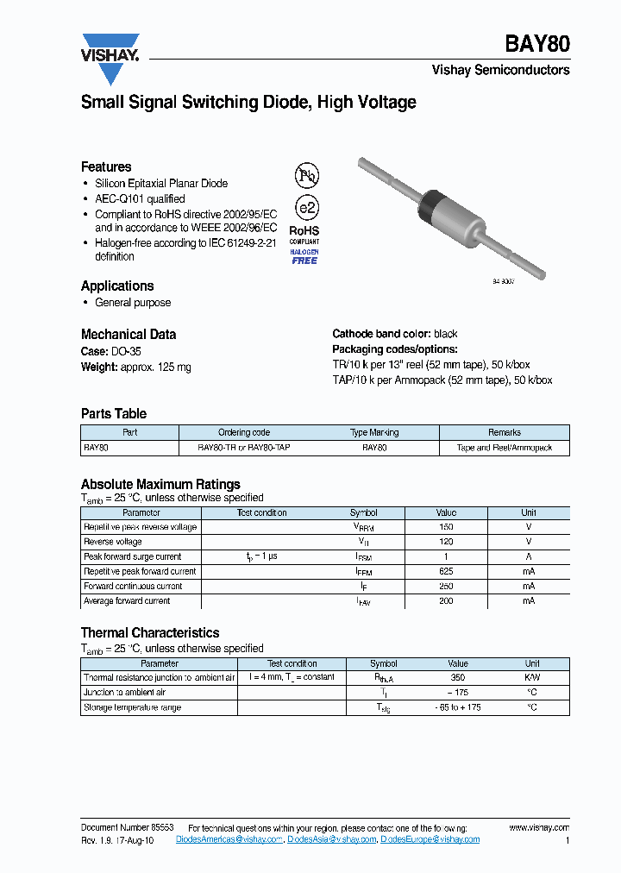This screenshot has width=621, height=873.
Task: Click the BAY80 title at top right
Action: (536, 45)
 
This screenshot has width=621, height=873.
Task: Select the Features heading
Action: (106, 166)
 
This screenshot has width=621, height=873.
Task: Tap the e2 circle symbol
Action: (306, 208)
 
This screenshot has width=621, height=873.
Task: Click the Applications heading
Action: (117, 286)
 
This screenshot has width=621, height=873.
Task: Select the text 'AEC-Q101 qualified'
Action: (140, 199)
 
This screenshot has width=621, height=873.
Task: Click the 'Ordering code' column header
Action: (244, 432)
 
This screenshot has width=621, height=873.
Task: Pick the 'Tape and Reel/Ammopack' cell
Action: (504, 448)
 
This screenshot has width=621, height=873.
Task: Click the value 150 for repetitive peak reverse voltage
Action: (446, 527)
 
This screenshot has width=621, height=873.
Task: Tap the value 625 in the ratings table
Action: (446, 571)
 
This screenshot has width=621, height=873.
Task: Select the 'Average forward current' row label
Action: (127, 601)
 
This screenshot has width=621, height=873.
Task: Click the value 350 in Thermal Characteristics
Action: (458, 678)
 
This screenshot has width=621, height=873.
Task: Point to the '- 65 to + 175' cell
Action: (458, 707)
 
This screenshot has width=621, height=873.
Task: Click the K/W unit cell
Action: (532, 678)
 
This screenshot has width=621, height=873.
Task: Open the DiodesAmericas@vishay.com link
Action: (229, 839)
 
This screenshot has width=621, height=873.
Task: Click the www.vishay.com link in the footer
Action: (539, 827)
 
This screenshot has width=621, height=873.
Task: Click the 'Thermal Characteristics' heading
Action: (150, 632)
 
